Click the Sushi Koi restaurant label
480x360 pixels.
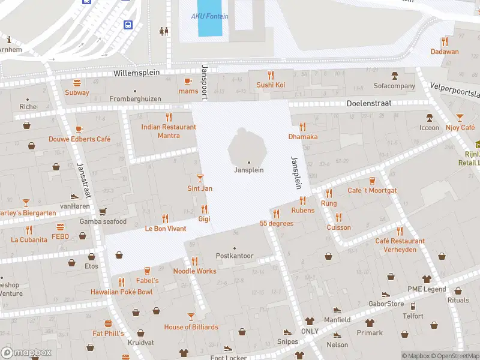[271, 85]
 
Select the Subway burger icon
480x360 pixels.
[77, 83]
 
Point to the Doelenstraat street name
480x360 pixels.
[369, 103]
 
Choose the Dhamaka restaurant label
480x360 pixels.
[303, 136]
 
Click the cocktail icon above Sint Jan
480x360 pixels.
[200, 178]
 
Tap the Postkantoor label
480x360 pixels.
[235, 256]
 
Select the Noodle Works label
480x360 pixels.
[194, 271]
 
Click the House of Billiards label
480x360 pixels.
[191, 327]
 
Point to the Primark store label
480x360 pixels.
[370, 333]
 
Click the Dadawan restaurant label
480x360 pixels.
[444, 52]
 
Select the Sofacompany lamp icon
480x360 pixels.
[395, 76]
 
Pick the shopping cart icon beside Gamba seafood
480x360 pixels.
[103, 212]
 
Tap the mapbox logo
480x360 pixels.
[26, 353]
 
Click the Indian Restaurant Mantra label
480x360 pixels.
[169, 131]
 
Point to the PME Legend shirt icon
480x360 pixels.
[427, 279]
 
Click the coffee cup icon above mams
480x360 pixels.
[188, 81]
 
